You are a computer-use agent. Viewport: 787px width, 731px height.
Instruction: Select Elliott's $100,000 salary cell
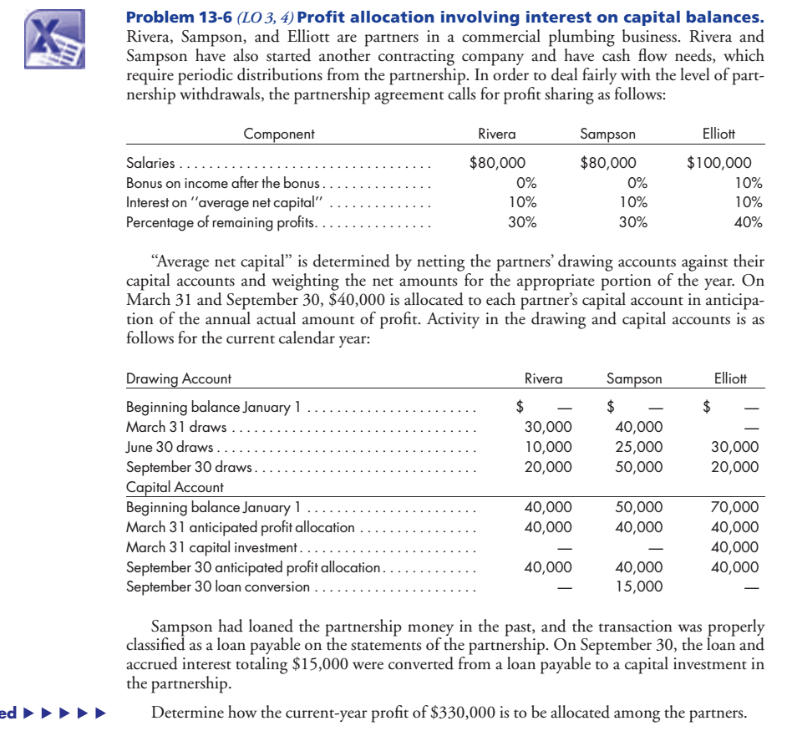718,163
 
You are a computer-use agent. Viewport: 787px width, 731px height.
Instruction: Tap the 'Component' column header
279,134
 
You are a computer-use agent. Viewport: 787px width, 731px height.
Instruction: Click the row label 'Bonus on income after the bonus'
223,183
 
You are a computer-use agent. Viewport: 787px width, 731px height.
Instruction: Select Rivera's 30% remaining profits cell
522,222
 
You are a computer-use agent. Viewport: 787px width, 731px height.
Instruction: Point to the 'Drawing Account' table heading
178,378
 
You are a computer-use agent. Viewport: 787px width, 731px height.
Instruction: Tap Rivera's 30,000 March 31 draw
548,427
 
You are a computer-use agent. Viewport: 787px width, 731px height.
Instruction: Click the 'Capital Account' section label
175,486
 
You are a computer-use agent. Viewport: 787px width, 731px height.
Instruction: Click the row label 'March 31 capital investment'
211,547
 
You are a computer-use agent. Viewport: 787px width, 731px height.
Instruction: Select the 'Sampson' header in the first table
607,134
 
